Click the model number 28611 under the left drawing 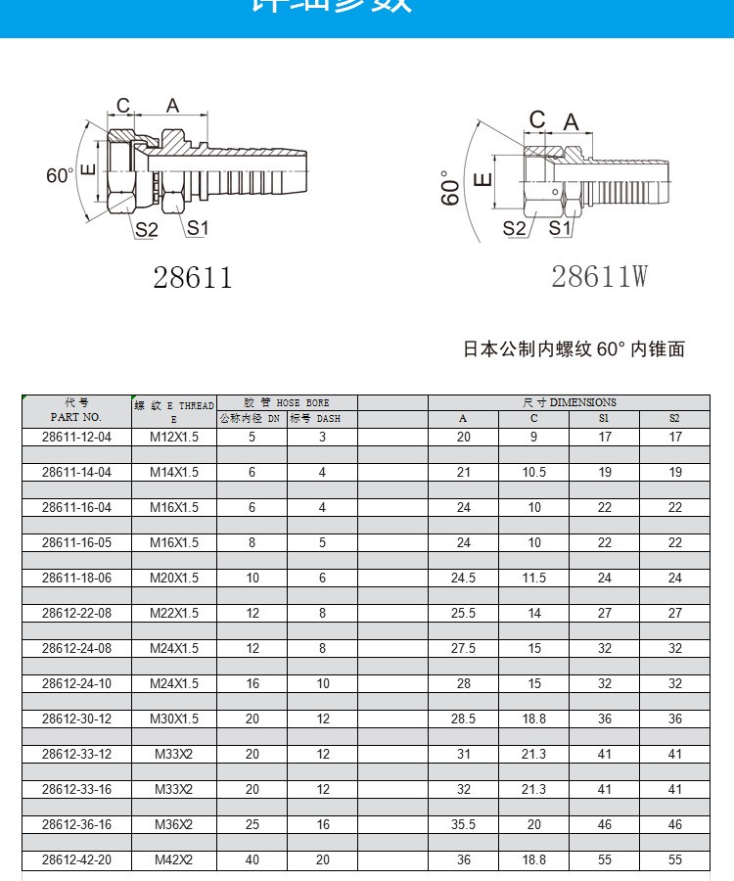point(193,277)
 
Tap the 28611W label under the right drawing point(599,277)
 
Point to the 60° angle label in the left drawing point(60,176)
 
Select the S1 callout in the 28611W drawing point(560,228)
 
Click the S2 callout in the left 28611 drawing point(147,230)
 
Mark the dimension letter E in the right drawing point(482,179)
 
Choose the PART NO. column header point(76,417)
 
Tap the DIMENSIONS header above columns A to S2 point(569,402)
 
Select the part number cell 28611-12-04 point(76,437)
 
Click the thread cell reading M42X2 point(174,859)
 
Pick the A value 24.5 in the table point(463,578)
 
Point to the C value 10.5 point(533,472)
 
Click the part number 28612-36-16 point(76,824)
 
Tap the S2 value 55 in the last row point(674,859)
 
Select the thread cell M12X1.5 point(174,437)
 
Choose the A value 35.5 point(463,824)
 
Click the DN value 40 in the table point(252,859)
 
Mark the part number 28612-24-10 point(76,683)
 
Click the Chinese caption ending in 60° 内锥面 point(573,348)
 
